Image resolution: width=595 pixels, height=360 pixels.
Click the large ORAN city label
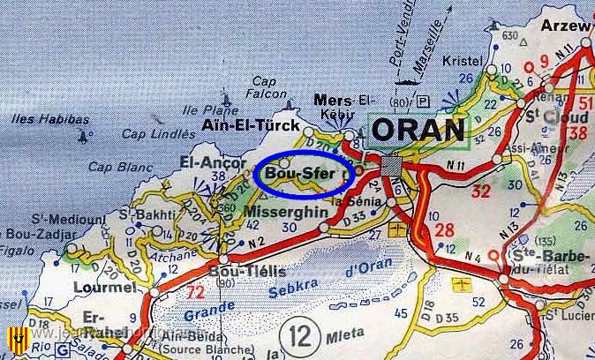(418, 130)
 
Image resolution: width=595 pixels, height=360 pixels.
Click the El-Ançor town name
(209, 162)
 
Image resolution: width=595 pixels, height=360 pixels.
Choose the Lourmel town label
(106, 287)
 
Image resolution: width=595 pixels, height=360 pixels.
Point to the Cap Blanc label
(115, 166)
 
